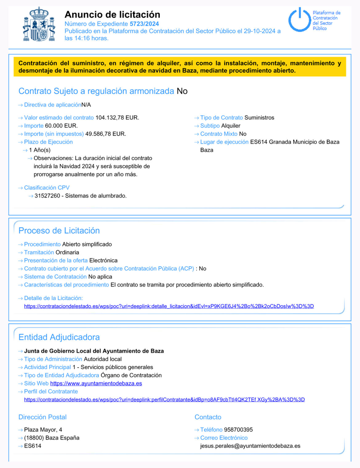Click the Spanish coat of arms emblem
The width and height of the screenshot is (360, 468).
39,25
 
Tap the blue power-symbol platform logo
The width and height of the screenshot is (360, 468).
299,20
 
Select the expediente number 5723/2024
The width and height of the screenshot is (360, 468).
144,24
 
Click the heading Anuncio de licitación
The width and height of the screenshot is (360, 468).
112,14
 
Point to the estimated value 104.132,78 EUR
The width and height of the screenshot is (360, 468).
117,118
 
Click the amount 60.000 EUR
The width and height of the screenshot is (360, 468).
61,126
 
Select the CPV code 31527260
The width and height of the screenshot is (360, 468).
47,196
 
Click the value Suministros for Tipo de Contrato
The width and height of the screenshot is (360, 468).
259,118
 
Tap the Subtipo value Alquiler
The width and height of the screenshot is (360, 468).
230,126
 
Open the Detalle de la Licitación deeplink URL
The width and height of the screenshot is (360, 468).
169,306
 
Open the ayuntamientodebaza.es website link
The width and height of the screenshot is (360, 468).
96,383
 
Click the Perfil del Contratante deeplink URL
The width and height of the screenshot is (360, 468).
164,399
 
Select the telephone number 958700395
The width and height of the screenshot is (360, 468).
238,430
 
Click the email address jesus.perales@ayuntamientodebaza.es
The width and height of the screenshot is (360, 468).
250,446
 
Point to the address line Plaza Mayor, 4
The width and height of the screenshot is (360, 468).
43,430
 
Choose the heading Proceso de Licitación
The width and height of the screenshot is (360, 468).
59,230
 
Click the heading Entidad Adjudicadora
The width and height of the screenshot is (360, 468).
59,337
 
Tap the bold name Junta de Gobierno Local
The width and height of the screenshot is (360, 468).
94,351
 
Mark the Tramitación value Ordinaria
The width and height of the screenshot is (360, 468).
67,252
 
